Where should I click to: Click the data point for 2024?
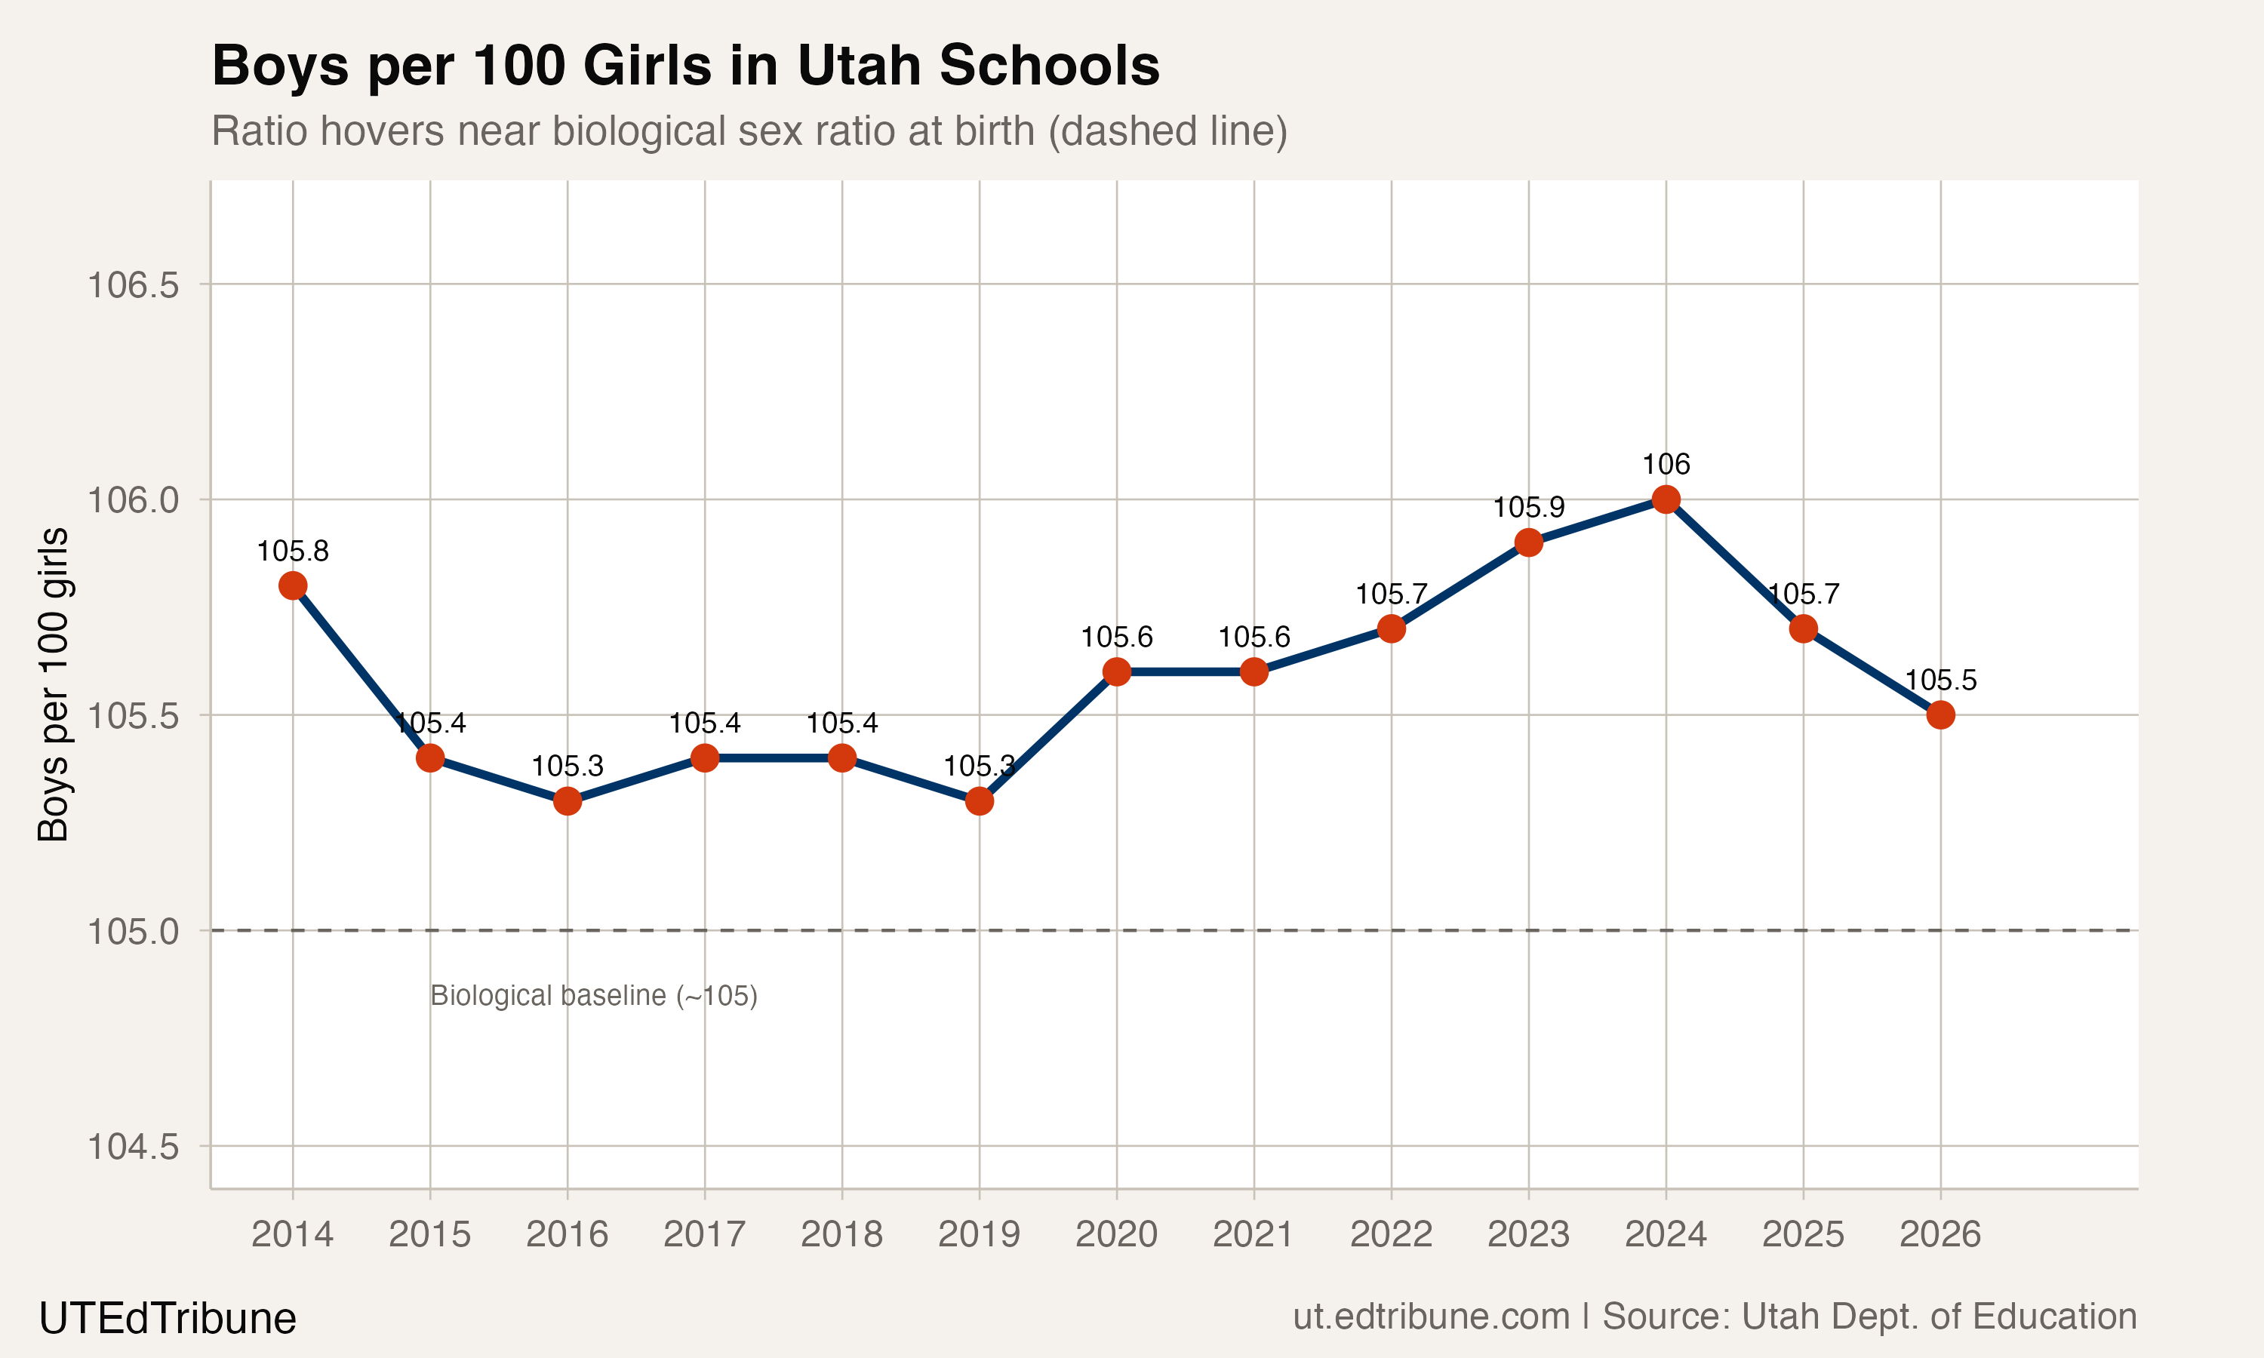(x=1666, y=499)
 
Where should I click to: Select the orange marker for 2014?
(x=293, y=585)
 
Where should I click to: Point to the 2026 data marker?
(x=1940, y=714)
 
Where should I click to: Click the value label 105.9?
(x=1528, y=507)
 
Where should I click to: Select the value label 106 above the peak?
(x=1666, y=464)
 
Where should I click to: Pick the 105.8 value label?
(x=293, y=551)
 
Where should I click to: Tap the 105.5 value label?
(x=1940, y=680)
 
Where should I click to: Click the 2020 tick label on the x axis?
(x=1116, y=1234)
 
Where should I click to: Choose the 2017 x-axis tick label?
(x=705, y=1234)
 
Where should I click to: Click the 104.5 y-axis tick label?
(x=133, y=1147)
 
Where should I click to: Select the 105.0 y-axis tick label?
(x=133, y=932)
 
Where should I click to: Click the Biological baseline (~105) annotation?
(x=594, y=996)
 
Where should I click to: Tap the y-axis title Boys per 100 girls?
(x=53, y=684)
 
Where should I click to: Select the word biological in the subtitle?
(x=640, y=131)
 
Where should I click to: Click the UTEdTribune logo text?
(x=168, y=1319)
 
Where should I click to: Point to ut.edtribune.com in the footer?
(x=1430, y=1317)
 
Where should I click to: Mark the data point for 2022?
(x=1391, y=628)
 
